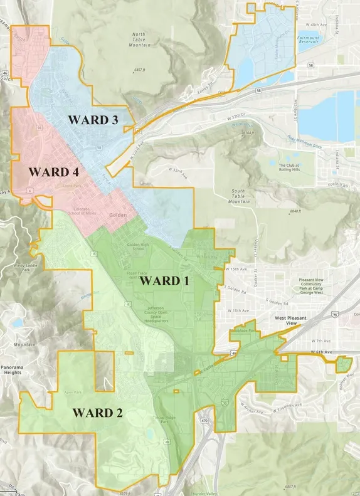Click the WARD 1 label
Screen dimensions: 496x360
coord(164,281)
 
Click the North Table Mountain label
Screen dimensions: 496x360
coord(138,40)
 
